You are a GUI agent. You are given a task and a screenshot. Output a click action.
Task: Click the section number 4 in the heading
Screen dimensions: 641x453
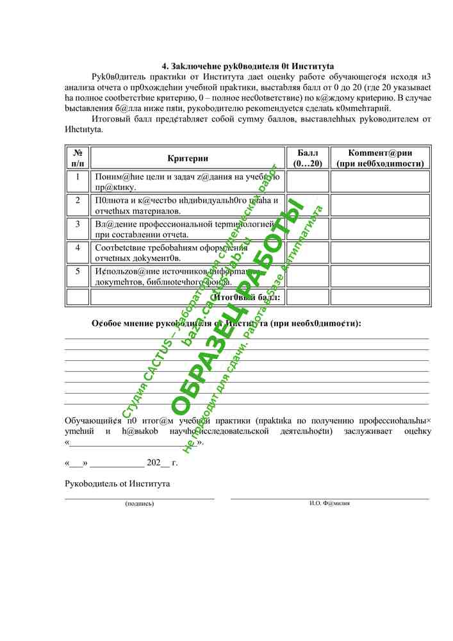point(165,66)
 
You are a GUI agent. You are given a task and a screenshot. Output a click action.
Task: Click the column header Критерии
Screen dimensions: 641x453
point(188,158)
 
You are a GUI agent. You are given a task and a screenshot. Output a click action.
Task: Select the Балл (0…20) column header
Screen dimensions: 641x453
point(307,158)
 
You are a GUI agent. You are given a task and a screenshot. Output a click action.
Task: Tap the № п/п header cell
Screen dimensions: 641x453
point(78,158)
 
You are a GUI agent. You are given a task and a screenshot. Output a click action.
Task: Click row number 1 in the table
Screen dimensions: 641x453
point(78,176)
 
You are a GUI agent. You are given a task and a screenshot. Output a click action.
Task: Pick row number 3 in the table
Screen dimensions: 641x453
point(78,224)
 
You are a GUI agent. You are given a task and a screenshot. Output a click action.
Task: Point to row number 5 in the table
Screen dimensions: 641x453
point(78,271)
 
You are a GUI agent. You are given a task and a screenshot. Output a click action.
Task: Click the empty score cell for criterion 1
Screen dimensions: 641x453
point(307,181)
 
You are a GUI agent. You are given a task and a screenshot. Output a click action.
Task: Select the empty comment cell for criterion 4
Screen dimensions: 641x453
point(380,253)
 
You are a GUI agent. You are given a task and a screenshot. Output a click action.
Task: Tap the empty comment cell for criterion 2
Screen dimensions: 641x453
point(380,205)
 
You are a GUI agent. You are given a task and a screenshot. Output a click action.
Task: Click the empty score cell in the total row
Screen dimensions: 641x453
point(307,297)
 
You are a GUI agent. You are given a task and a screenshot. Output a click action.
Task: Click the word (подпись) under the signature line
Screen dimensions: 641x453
point(139,504)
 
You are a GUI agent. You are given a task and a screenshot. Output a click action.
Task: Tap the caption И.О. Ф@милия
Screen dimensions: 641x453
point(329,503)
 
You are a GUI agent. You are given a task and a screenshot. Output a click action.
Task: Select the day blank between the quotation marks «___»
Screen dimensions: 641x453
point(76,463)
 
